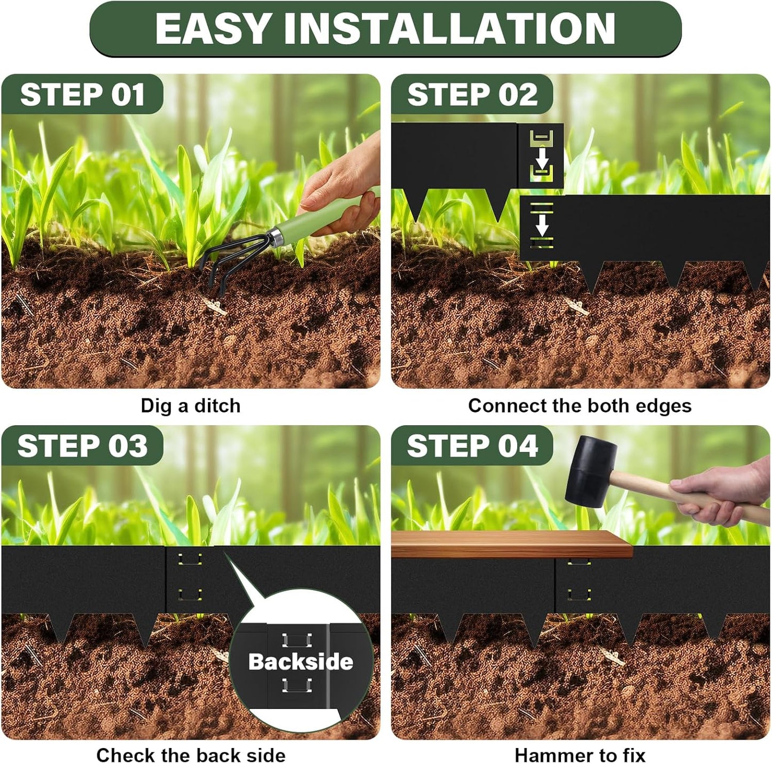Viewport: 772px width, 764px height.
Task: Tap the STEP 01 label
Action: tap(82, 95)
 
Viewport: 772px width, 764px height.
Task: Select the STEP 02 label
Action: tap(472, 95)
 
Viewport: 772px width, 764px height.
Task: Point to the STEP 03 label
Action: tap(82, 446)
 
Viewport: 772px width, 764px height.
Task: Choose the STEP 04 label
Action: tap(472, 446)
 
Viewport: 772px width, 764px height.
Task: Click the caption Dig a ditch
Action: tap(191, 406)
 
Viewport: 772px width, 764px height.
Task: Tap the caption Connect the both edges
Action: tap(580, 406)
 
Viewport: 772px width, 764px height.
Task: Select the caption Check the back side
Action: tap(191, 755)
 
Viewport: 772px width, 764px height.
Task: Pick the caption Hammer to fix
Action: tap(580, 755)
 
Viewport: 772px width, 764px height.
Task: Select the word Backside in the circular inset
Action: tap(301, 662)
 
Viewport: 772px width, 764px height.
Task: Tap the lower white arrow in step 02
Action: tap(542, 224)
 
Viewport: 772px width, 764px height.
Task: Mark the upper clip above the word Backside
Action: tap(297, 640)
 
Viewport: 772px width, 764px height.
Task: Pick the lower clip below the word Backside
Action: tap(297, 685)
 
